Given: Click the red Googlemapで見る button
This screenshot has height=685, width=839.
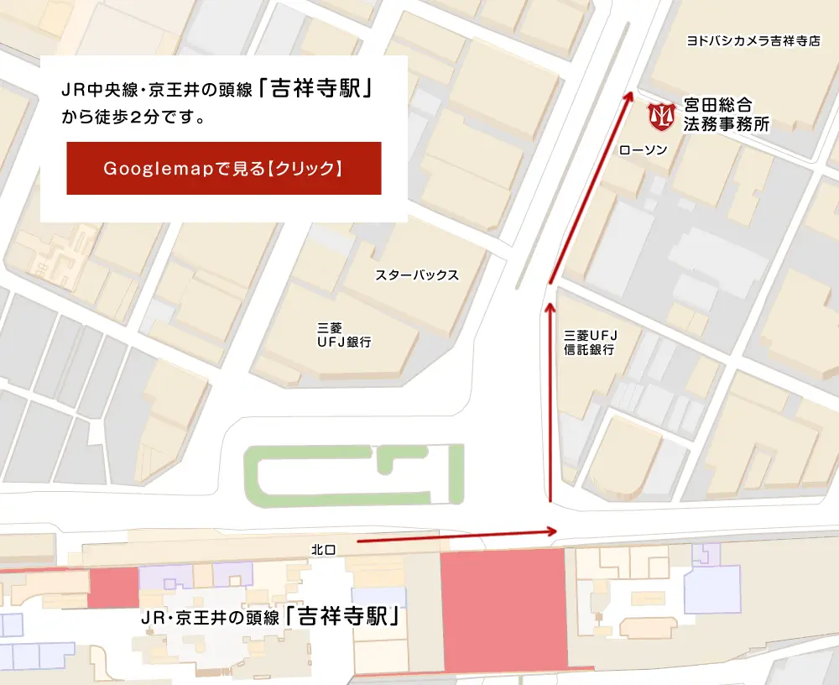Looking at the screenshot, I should (x=224, y=168).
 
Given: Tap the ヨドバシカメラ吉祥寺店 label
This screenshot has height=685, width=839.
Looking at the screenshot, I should (x=753, y=40).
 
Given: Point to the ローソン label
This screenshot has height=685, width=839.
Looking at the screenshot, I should (x=643, y=150).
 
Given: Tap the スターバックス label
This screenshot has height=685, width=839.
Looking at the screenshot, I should (x=417, y=275).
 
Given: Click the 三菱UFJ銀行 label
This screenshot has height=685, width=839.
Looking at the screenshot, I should (x=343, y=335).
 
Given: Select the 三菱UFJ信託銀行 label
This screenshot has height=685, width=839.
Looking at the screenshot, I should (x=590, y=342).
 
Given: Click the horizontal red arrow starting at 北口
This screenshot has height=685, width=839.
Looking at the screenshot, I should (x=457, y=536).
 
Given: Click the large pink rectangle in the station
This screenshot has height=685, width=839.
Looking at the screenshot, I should (x=503, y=610).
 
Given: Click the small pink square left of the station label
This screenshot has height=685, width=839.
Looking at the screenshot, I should (x=112, y=587).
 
